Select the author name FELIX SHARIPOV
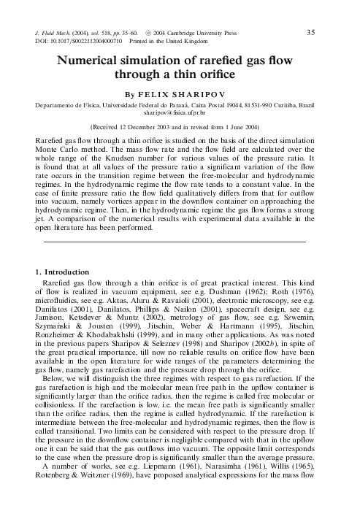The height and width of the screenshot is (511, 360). (191, 95)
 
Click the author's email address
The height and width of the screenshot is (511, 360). (180, 113)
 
